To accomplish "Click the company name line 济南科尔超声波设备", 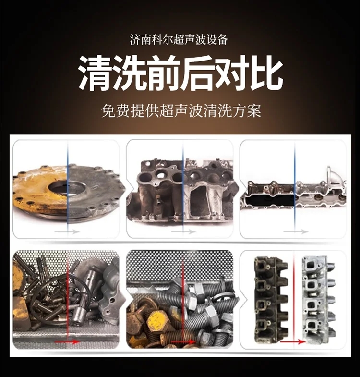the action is pyautogui.click(x=179, y=40).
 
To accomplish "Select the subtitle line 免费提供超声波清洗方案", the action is pyautogui.click(x=181, y=110).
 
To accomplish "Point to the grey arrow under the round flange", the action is pyautogui.click(x=67, y=232).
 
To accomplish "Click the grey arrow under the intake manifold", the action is pyautogui.click(x=183, y=232).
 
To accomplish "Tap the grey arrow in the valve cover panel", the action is pyautogui.click(x=296, y=232).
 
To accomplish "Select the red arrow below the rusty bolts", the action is pyautogui.click(x=184, y=341).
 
